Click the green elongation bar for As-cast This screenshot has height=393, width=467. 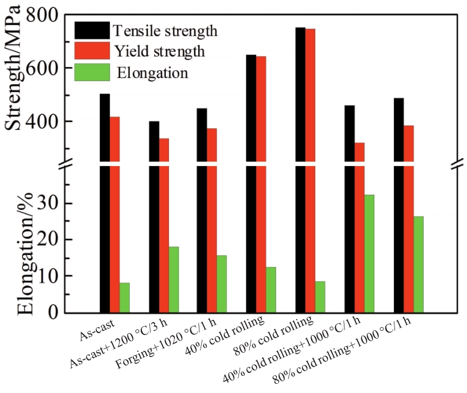tap(124, 297)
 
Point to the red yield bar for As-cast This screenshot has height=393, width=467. tap(115, 214)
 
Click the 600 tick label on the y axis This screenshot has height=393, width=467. tap(51, 68)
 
